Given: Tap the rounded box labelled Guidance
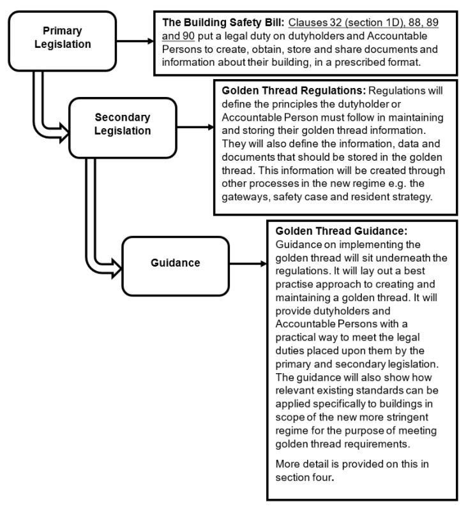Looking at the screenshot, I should point(176,263).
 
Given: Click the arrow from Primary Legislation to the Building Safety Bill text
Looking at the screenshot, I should point(135,41).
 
